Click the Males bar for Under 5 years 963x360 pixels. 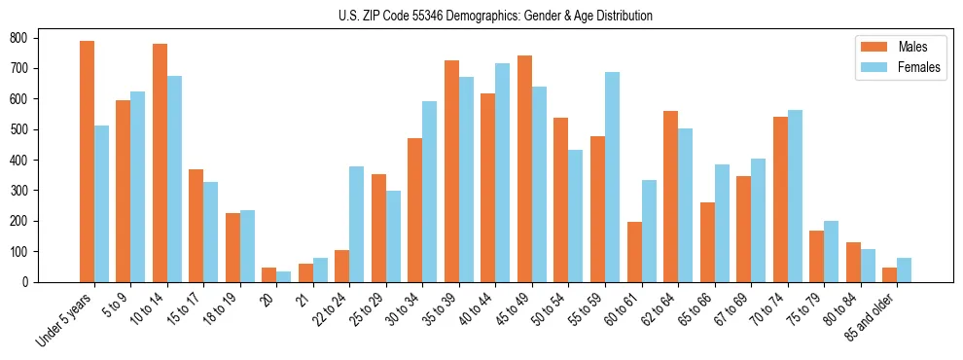[87, 162]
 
